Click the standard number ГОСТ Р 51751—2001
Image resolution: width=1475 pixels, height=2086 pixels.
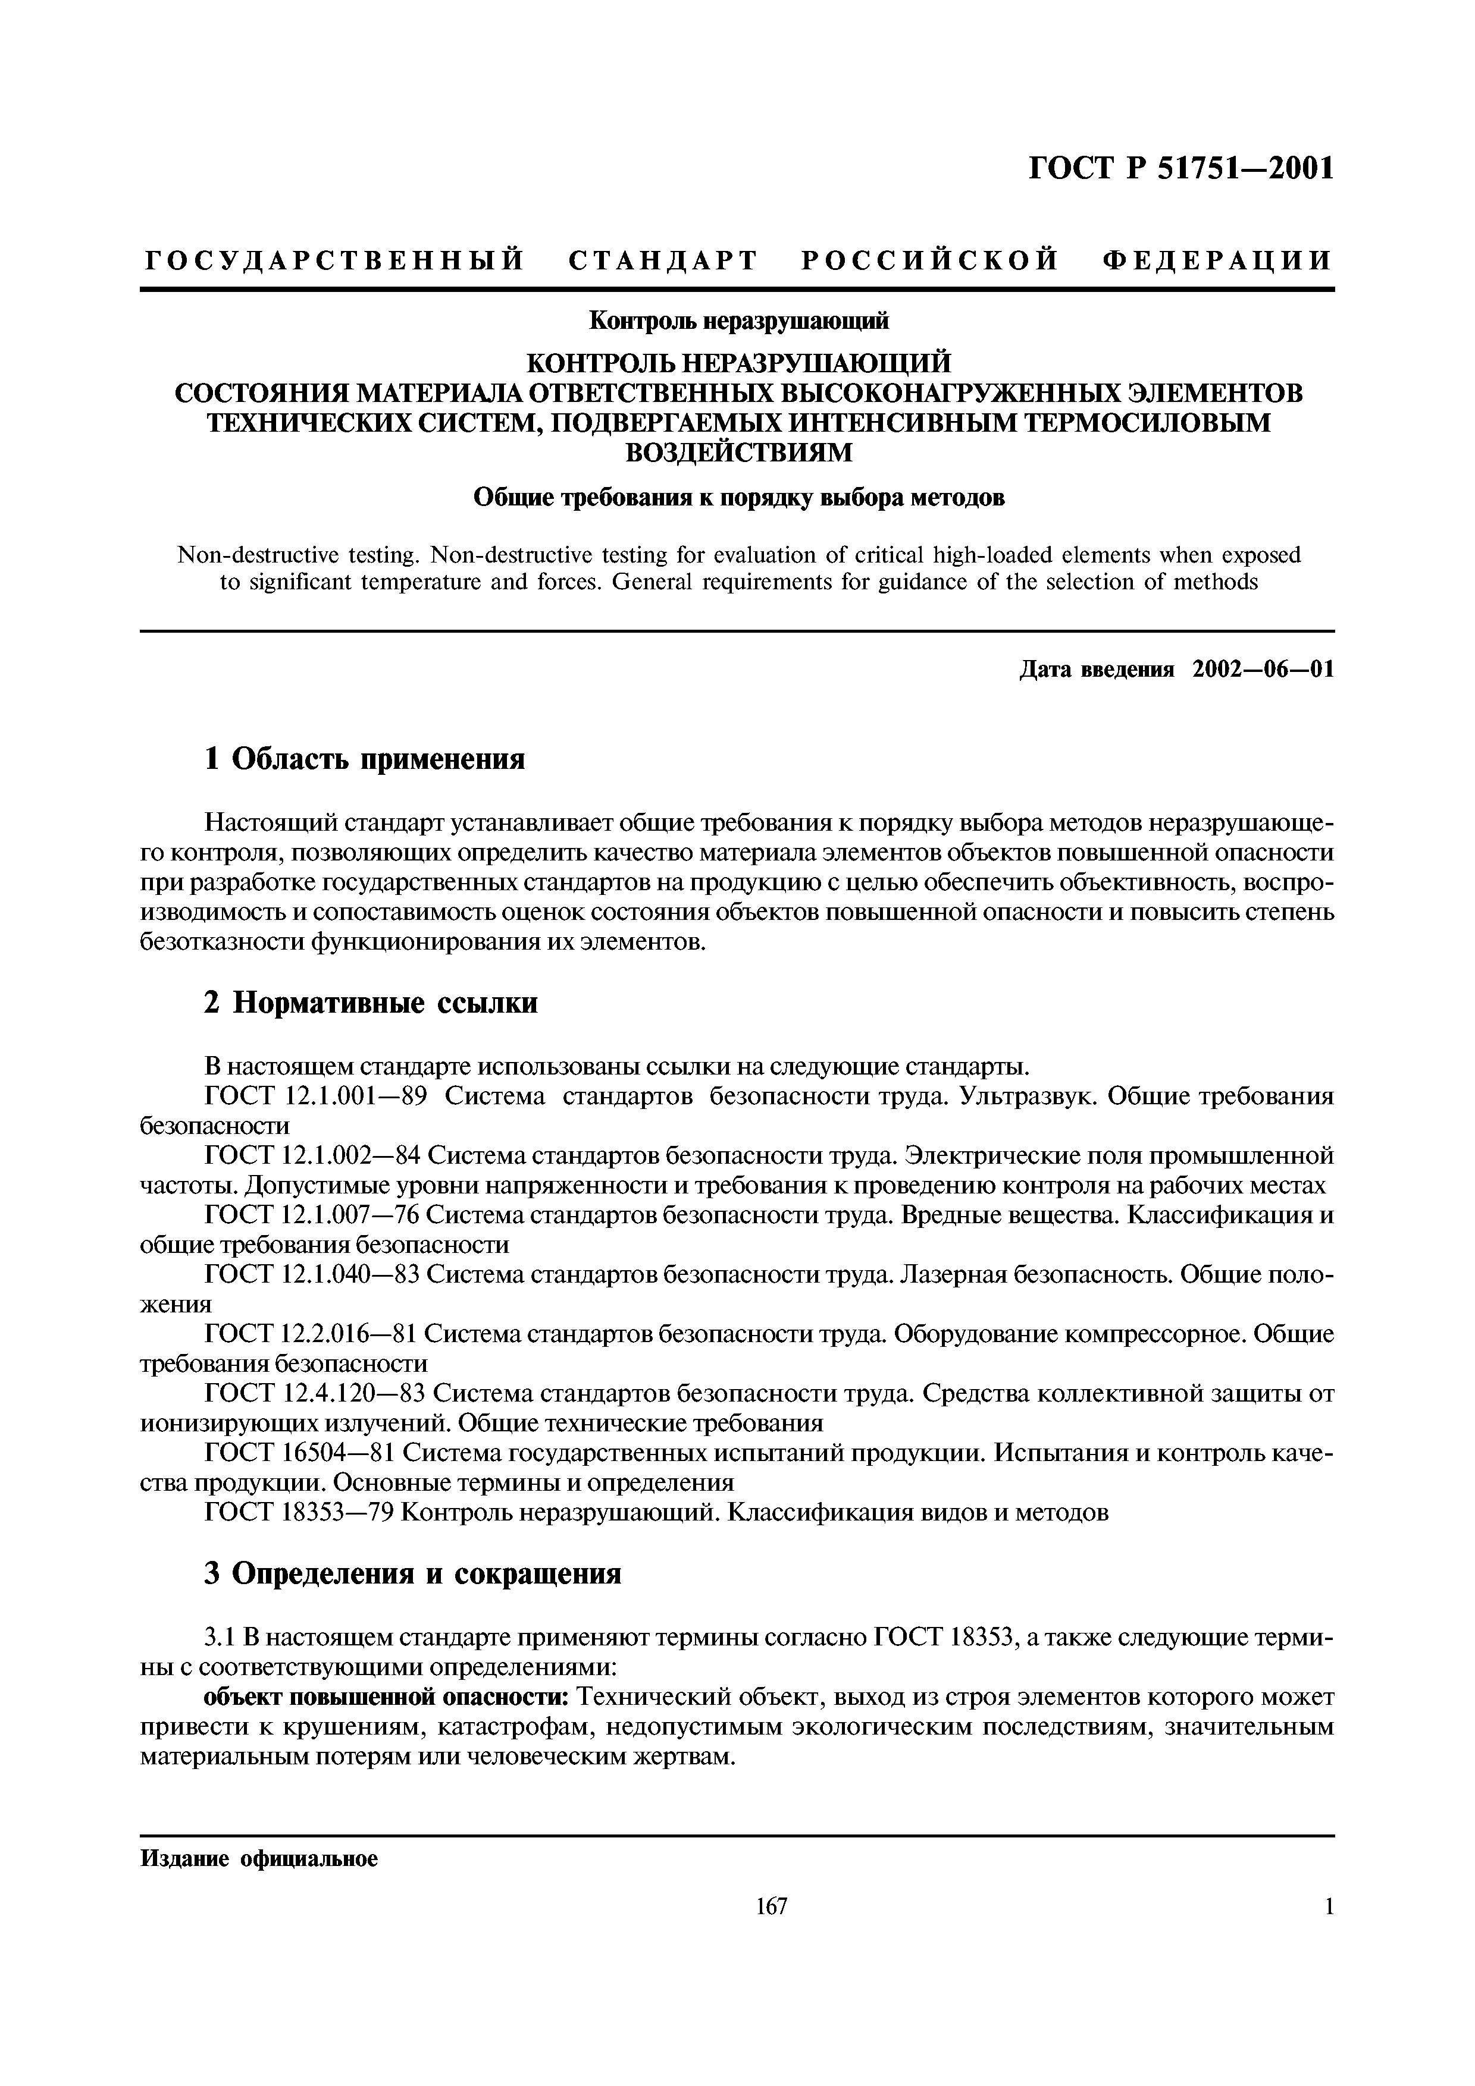pyautogui.click(x=1180, y=169)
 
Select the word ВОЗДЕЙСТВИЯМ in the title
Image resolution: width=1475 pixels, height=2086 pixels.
pyautogui.click(x=737, y=451)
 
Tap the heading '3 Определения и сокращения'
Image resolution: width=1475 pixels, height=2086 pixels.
pyautogui.click(x=412, y=1573)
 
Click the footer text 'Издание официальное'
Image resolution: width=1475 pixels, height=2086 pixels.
pyautogui.click(x=259, y=1859)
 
